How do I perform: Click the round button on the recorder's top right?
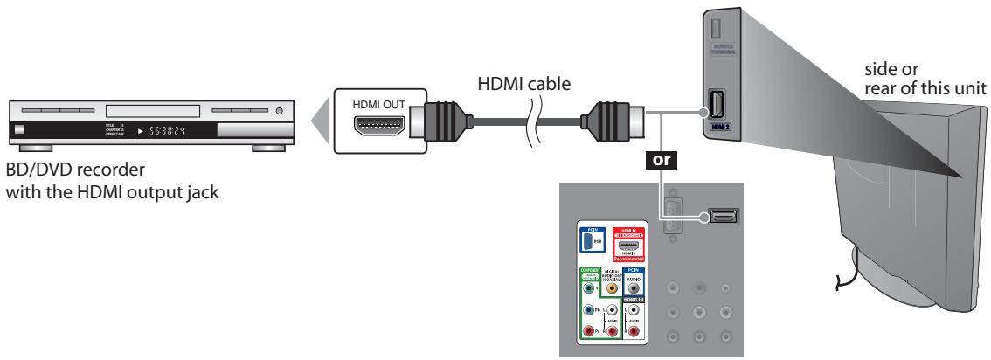tap(279, 112)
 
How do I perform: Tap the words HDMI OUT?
tap(378, 104)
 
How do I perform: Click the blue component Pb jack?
tap(592, 310)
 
